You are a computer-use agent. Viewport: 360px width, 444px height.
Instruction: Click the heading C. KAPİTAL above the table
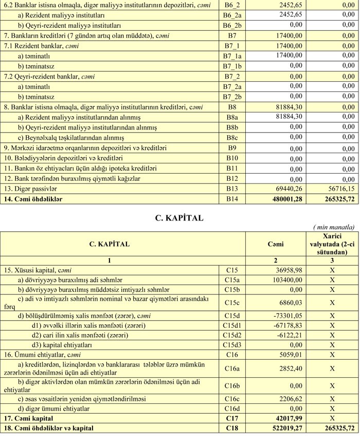click(179, 218)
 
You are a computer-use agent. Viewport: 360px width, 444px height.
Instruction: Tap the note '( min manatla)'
click(334, 227)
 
